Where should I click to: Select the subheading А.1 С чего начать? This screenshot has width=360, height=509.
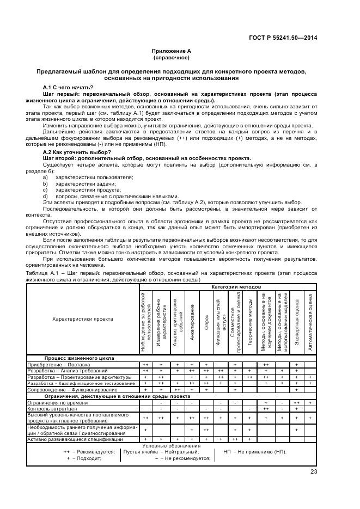coord(68,88)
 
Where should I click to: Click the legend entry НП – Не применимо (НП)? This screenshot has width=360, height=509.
coord(255,452)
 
